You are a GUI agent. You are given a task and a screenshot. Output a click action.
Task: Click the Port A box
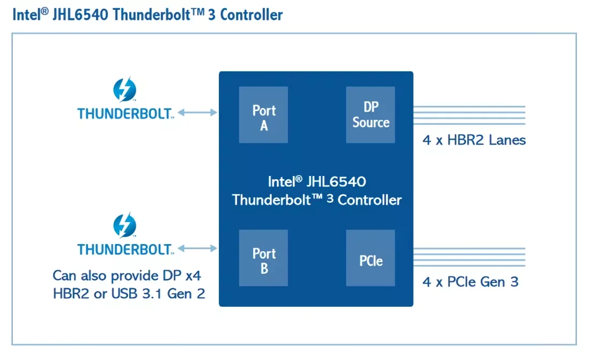point(263,115)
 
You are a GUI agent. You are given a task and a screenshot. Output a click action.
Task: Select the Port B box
point(263,258)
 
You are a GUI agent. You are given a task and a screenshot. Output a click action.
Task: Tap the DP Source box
point(371,115)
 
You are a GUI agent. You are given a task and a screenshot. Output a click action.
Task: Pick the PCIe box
point(371,258)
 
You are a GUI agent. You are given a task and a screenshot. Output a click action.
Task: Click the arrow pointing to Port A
point(197,113)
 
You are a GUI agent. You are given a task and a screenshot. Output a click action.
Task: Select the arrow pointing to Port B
point(197,248)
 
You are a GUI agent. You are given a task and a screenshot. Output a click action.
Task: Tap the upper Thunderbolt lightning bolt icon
point(125,89)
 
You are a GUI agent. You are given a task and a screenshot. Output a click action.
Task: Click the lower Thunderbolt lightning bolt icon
point(125,225)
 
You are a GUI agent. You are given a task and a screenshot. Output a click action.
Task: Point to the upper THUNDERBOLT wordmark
point(126,113)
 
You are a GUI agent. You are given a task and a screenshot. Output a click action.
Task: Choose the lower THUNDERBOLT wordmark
point(126,249)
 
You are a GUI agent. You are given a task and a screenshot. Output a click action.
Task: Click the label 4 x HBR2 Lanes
point(474,141)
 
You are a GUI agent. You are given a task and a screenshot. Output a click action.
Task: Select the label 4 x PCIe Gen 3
point(470,282)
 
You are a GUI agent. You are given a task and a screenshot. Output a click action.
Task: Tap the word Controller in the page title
point(252,14)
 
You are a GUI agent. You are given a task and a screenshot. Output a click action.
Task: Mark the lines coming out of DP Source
point(469,115)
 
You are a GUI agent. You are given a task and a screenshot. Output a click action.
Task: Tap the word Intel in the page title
point(25,14)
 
